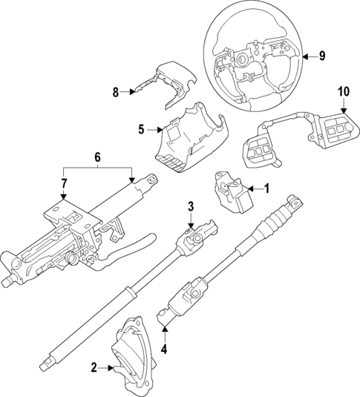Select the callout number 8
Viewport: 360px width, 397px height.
point(116,92)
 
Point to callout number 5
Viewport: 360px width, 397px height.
point(141,129)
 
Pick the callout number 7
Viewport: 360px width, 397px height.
point(64,183)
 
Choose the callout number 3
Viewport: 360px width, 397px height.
point(190,205)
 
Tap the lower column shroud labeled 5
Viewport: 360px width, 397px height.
point(186,137)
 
